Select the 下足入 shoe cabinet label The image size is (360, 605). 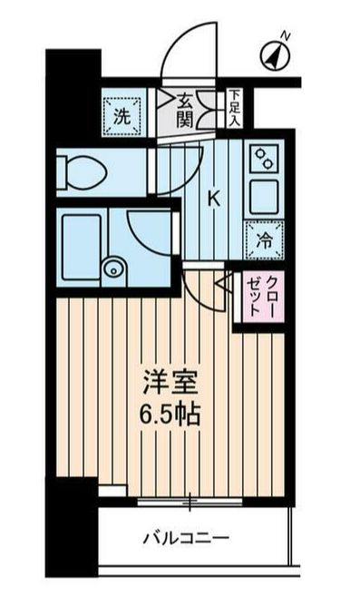pos(235,105)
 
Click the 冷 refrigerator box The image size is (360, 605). pos(264,239)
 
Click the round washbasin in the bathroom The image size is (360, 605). pos(112,267)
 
